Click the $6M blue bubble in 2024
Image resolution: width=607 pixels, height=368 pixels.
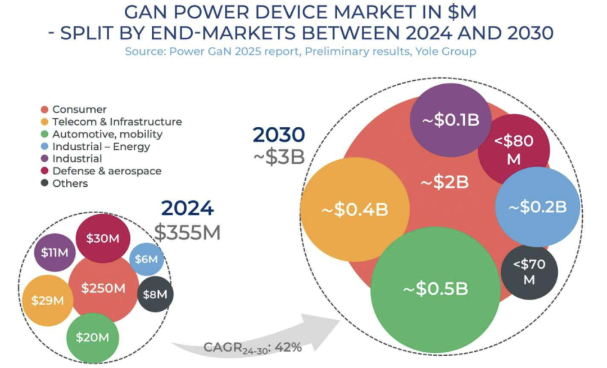(x=147, y=259)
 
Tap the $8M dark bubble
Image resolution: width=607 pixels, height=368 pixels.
(x=155, y=294)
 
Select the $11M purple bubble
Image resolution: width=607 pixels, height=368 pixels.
(x=55, y=252)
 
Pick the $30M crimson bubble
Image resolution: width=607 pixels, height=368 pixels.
(x=103, y=238)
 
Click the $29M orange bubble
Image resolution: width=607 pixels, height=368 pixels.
(x=48, y=301)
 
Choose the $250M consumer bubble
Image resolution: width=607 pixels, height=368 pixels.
(x=103, y=288)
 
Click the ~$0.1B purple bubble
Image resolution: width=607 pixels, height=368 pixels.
(x=451, y=121)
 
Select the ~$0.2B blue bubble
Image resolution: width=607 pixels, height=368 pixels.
(x=537, y=207)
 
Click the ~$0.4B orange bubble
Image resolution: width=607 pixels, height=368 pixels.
(x=355, y=210)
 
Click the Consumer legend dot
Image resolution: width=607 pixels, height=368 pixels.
(x=44, y=109)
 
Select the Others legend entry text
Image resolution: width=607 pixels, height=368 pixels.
(x=70, y=183)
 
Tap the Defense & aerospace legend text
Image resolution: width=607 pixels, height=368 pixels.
(x=106, y=171)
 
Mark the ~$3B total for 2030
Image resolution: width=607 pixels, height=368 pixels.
(x=278, y=157)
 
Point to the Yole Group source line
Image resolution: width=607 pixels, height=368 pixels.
(x=300, y=52)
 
